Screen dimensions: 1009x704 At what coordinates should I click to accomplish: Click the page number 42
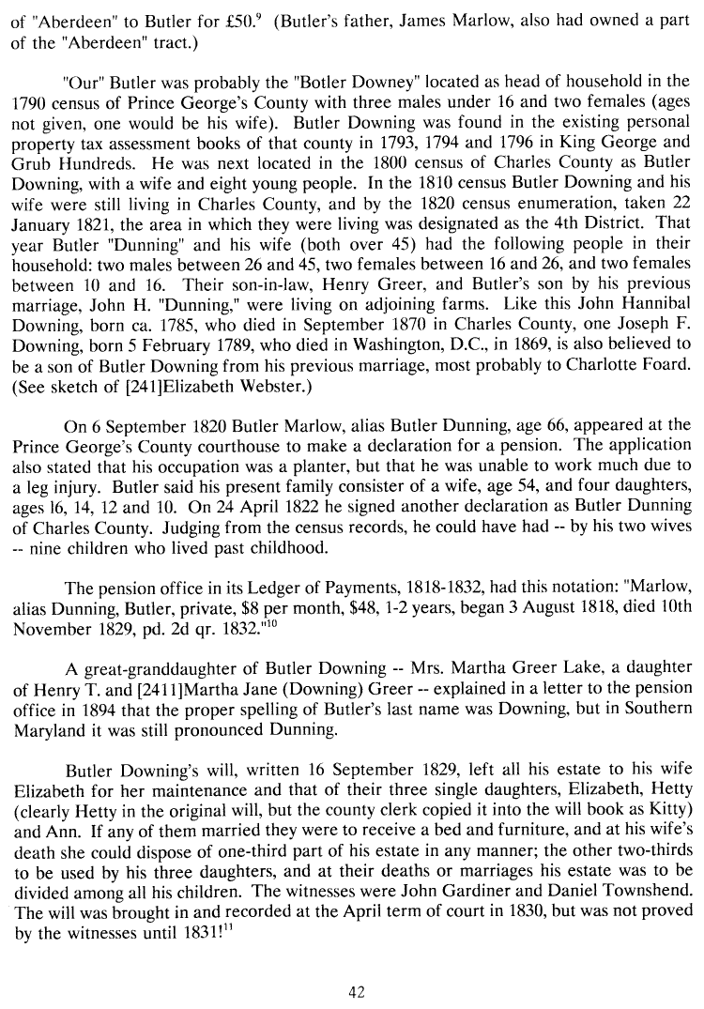point(356,991)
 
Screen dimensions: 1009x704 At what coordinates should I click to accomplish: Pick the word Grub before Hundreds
point(32,163)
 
